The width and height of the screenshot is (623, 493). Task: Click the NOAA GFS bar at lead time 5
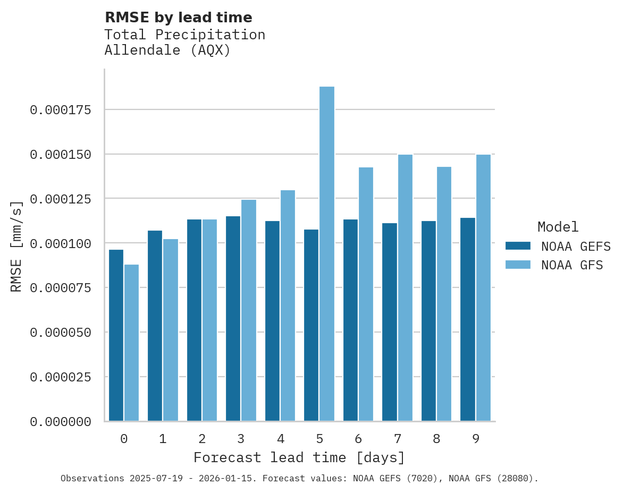(327, 254)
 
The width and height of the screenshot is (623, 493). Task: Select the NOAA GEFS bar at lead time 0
(116, 335)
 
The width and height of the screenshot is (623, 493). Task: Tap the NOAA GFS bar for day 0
(131, 343)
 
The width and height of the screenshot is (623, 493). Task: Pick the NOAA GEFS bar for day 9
(468, 319)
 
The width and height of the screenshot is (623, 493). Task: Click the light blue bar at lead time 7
(405, 287)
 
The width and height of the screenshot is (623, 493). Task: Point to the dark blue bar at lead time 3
(233, 319)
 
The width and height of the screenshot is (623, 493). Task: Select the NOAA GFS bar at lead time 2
(209, 320)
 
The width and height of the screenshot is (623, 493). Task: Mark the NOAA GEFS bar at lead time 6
(350, 320)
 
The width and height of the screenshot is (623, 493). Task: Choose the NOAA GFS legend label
(572, 265)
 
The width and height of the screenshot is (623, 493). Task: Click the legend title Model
(558, 227)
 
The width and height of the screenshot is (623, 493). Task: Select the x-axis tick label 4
(280, 439)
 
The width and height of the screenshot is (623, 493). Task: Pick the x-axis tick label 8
(436, 439)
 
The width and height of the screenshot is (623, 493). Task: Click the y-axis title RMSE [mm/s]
(16, 246)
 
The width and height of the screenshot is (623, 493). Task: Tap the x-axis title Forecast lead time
(299, 457)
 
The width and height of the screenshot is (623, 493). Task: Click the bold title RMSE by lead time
(178, 18)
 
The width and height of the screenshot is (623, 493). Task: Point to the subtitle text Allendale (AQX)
(167, 50)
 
